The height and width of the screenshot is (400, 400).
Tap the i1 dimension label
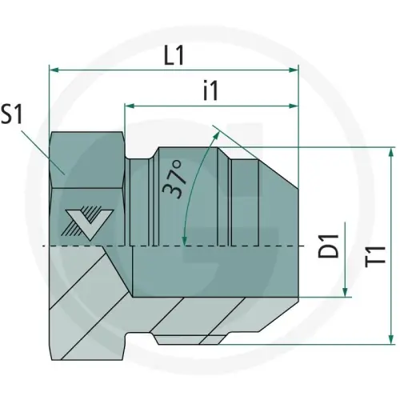tap(210, 90)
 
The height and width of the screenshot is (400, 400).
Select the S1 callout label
tap(11, 114)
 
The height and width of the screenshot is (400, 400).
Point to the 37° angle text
tap(174, 179)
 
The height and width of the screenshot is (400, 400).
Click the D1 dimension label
tap(328, 246)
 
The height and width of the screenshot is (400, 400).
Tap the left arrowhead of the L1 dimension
tap(54, 70)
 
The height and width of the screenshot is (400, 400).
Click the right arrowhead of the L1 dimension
tap(294, 70)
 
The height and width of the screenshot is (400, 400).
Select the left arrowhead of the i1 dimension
tap(130, 106)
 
